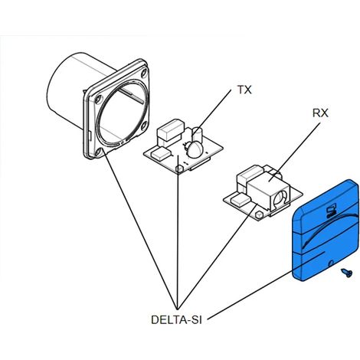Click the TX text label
[x=244, y=90]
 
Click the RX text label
[x=320, y=113]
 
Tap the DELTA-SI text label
[x=176, y=319]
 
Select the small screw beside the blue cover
[x=347, y=273]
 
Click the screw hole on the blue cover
[x=332, y=263]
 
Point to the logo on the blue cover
[x=331, y=211]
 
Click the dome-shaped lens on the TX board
[x=195, y=149]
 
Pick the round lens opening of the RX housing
[x=280, y=198]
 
